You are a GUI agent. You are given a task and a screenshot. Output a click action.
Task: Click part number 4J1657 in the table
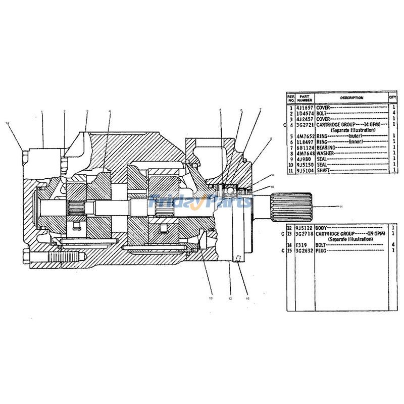(x=306, y=108)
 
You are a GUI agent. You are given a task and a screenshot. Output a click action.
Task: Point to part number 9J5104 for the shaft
(x=306, y=171)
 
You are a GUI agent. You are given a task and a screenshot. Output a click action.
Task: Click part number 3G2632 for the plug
(x=306, y=249)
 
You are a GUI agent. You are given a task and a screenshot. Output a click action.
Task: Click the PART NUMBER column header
(x=305, y=98)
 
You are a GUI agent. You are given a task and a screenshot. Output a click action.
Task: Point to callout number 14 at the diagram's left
(x=7, y=123)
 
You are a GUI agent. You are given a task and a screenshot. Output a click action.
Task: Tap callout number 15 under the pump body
(x=247, y=298)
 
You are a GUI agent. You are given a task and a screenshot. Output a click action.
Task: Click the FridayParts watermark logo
(x=200, y=201)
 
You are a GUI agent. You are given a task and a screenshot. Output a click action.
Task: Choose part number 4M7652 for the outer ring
(x=306, y=136)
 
